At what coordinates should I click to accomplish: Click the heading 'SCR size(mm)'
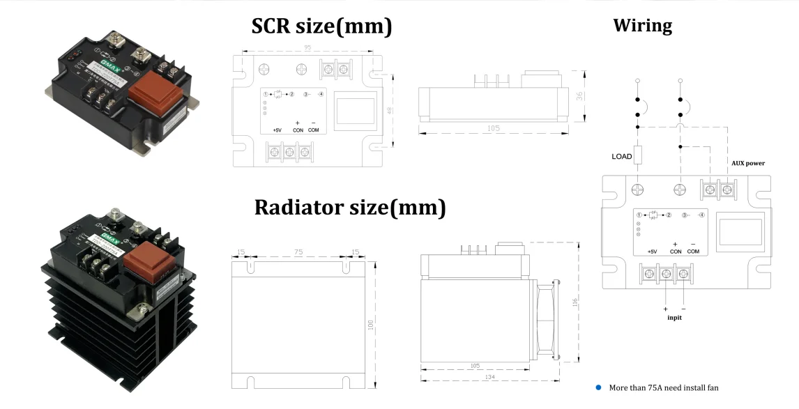[x=321, y=26]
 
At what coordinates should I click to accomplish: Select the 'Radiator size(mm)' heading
[x=349, y=207]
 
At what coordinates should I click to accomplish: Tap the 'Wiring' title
[x=642, y=26]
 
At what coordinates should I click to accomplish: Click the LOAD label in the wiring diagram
[x=622, y=157]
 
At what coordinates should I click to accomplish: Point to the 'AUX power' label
[x=747, y=163]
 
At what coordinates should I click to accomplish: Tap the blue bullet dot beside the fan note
[x=598, y=387]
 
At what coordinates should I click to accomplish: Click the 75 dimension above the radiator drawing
[x=298, y=253]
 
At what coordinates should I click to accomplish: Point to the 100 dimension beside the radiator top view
[x=372, y=324]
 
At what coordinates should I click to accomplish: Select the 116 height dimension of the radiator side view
[x=575, y=304]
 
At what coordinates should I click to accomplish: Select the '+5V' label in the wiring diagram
[x=652, y=252]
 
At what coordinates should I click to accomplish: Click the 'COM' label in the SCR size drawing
[x=313, y=130]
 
